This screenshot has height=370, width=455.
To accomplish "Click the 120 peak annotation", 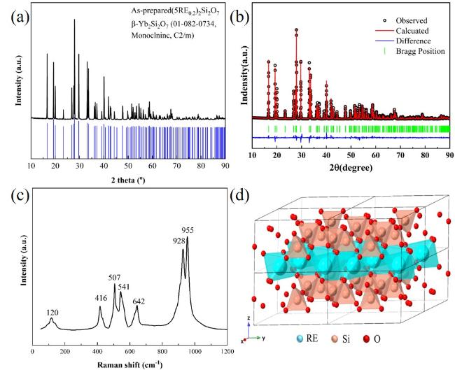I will pos(52,312).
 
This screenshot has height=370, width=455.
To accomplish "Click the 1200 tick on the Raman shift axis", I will pos(225,351).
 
